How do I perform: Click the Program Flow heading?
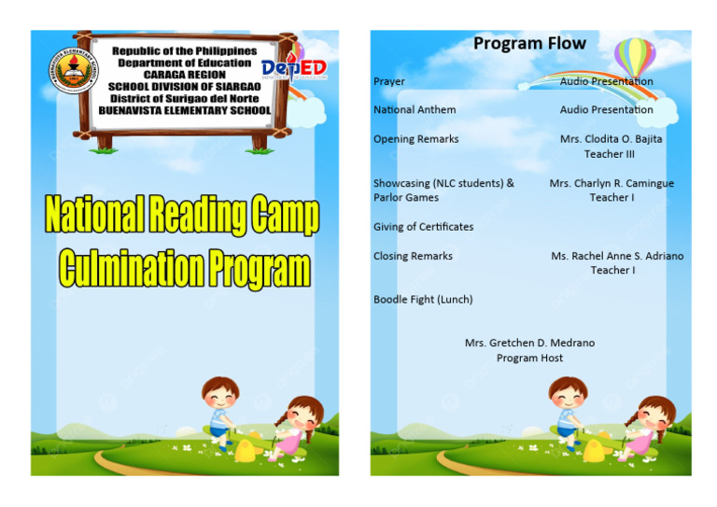coord(529,44)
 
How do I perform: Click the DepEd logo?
coord(294,68)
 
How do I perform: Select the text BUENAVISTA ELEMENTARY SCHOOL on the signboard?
coord(185,110)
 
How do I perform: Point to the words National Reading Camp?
coord(183,217)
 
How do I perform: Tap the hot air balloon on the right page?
coord(635,56)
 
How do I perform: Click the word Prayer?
coord(389,82)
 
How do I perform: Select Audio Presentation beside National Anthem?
coord(606,110)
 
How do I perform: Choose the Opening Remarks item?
coord(415,139)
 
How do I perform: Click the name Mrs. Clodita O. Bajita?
coord(611,139)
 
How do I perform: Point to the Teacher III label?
coord(610,154)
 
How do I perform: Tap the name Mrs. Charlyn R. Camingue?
coord(611,184)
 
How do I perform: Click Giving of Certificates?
coord(423,227)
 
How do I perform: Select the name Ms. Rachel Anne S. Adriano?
coord(616,256)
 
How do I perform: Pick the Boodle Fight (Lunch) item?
coord(422,300)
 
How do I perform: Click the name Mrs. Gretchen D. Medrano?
coord(529,344)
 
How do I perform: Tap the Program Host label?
coord(529,359)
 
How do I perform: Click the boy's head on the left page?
coord(220,393)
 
